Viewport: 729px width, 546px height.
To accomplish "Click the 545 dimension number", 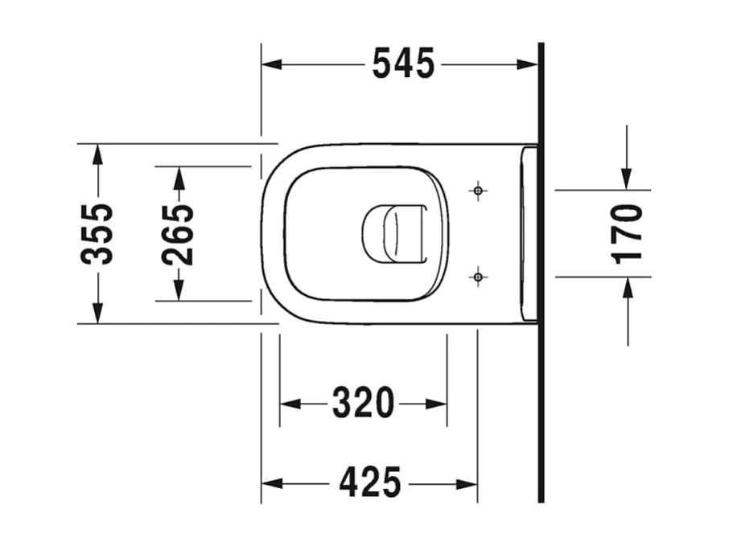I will pos(403,64).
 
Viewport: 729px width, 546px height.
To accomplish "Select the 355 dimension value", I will pos(97,234).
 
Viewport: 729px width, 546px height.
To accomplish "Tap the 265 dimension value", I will pos(178,234).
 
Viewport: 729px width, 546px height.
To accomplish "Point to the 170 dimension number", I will pos(628,234).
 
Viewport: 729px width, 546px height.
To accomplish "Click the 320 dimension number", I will pos(363,403).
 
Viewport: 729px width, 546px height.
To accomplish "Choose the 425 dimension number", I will pos(369,483).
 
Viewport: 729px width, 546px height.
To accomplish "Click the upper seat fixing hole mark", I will pos(478,191).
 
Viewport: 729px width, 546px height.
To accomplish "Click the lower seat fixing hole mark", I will pos(478,277).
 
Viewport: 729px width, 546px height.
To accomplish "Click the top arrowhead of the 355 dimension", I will pos(97,150).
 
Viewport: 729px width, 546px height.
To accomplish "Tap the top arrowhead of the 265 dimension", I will pos(178,174).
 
